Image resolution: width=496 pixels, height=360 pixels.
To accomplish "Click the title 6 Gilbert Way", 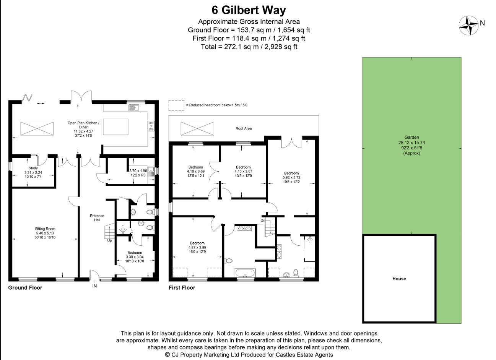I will coord(249,10).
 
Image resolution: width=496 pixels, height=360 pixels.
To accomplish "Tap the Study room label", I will coord(33,172).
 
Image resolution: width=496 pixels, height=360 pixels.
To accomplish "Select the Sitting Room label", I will coord(45,233).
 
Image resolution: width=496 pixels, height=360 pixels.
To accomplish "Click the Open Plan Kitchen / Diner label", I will coord(83,127).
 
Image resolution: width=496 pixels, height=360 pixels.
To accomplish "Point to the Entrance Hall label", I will coord(97,218).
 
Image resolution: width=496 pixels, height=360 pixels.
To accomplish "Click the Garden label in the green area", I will coord(411,145).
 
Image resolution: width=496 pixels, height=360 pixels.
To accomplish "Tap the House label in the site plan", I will coord(399,279).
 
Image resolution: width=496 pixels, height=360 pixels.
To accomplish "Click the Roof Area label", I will coord(244,128).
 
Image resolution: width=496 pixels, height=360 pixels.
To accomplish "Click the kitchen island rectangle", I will coord(116,126).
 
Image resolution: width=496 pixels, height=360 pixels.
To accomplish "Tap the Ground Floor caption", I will coord(25,287).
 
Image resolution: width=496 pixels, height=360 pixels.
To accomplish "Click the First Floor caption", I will coord(182,288).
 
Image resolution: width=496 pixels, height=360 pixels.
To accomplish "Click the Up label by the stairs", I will coord(109,240).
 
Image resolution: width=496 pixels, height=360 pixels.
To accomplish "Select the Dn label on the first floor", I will coord(263,221).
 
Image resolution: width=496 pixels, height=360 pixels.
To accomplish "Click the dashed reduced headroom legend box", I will coord(176,105).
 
